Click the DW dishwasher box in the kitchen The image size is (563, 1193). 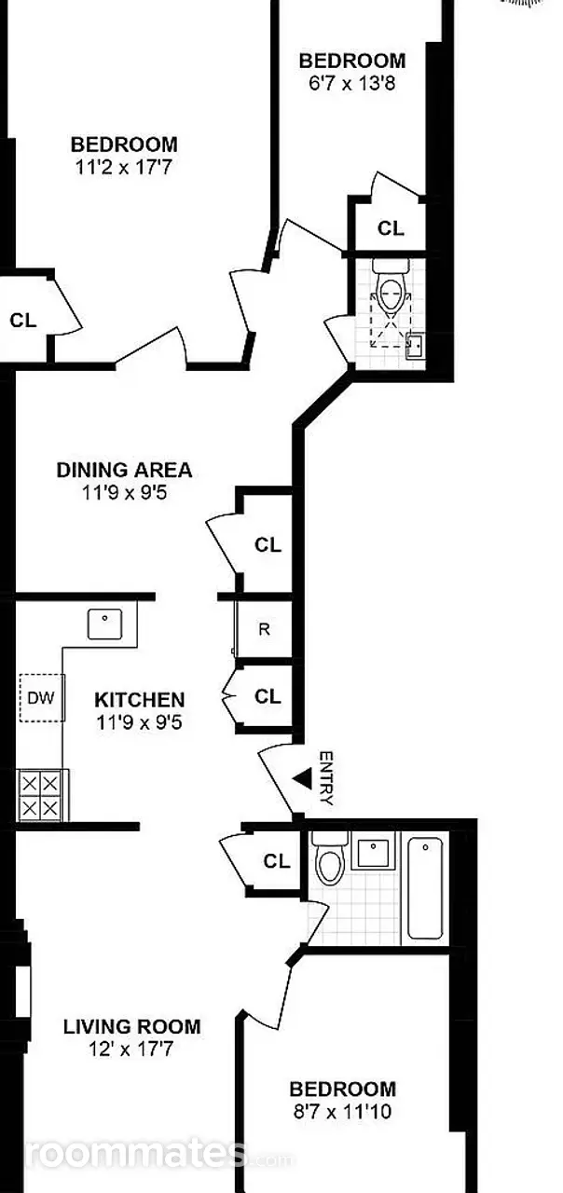(42, 698)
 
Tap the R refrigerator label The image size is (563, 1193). (264, 629)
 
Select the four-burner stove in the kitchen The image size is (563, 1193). (40, 795)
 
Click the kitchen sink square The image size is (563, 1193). (105, 624)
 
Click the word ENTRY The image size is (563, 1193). (326, 778)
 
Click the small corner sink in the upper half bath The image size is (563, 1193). (415, 345)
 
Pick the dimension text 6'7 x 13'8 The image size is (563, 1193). (352, 84)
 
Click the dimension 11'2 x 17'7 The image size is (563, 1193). (124, 168)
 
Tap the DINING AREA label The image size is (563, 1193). (125, 470)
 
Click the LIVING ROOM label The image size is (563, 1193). (132, 1026)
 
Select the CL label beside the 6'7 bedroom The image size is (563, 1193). (391, 228)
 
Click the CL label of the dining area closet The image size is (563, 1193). (268, 545)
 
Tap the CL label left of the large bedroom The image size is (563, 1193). (23, 320)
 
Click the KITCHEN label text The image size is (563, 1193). (140, 700)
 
